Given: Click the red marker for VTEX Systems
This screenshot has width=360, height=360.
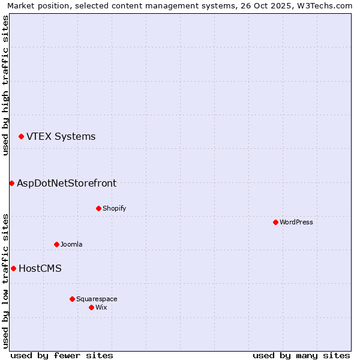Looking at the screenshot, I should click(21, 137).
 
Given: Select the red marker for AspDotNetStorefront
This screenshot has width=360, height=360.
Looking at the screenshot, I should click(11, 183).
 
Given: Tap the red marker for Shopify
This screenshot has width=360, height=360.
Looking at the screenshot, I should click(98, 208).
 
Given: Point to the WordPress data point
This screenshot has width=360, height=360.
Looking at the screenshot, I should click(275, 222).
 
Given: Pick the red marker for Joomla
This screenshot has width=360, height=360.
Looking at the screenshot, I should click(56, 244).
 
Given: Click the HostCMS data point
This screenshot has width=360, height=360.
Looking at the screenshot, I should click(13, 269).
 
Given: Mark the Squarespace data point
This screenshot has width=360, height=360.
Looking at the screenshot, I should click(72, 299).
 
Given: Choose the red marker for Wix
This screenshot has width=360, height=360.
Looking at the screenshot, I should click(91, 307).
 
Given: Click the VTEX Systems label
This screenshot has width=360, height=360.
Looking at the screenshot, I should click(61, 137).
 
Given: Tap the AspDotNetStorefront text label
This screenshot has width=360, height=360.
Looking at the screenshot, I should click(67, 183).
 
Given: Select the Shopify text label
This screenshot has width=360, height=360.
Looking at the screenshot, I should click(114, 208).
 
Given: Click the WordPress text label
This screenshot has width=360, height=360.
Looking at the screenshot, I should click(296, 222).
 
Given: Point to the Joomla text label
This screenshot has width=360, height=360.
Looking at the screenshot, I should click(71, 244).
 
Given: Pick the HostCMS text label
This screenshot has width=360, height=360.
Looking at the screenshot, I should click(40, 269).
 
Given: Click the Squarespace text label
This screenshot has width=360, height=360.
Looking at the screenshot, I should click(97, 299).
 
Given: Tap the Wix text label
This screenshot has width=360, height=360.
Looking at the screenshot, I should click(101, 307).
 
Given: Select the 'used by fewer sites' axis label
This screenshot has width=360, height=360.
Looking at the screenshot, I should click(61, 355).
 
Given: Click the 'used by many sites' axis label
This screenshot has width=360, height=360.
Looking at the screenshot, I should click(301, 355).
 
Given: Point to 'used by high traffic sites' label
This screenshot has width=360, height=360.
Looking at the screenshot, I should click(5, 85).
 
